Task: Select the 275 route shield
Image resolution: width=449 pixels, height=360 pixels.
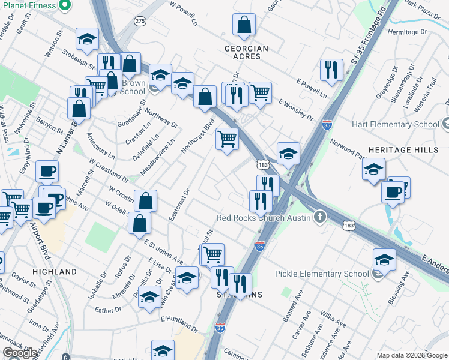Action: pos(140,21)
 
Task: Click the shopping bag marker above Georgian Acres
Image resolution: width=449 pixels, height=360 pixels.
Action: pos(244,26)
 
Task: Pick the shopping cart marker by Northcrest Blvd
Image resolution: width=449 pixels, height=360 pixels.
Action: pos(227,139)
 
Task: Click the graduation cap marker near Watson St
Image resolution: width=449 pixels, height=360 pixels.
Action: pos(88,39)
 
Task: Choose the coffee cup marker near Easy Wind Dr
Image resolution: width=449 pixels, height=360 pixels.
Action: pos(46,171)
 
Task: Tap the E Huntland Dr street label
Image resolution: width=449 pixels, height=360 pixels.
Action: pos(179,323)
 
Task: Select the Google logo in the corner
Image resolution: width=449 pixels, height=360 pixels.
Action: pos(20,353)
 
